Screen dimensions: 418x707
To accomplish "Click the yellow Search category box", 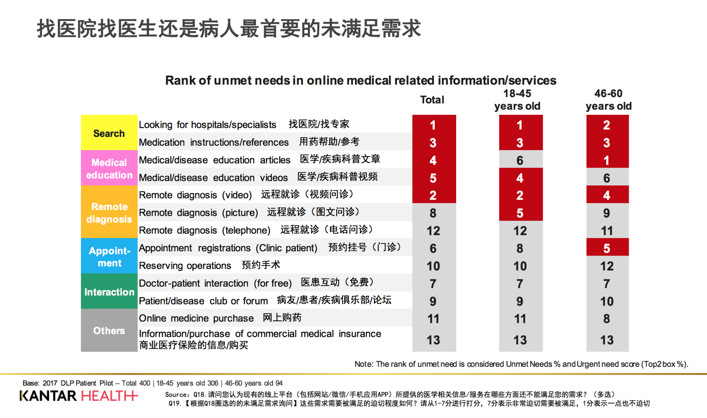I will [109, 133].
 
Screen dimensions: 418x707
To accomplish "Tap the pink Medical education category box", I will [109, 168].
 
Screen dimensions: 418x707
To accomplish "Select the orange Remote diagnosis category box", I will [109, 212].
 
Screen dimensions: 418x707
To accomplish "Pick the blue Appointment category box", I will [109, 256].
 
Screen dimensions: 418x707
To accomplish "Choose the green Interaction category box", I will [109, 292].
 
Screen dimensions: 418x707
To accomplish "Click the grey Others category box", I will [109, 330].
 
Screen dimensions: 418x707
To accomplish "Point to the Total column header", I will [432, 100].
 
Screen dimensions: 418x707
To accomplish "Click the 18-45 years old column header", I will [517, 100].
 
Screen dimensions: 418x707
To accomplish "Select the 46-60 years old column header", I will [608, 100].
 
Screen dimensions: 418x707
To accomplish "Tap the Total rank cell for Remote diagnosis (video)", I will [433, 195].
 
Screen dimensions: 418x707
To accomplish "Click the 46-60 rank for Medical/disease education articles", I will [607, 160].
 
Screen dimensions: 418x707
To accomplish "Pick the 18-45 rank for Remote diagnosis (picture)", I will [520, 213].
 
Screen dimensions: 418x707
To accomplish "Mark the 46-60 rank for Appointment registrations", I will [607, 248].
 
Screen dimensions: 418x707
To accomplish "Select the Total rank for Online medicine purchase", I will [433, 319].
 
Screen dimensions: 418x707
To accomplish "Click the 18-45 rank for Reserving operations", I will [520, 266].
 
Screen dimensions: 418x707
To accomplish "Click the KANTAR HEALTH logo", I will [79, 396].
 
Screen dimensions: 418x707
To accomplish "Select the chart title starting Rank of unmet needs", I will [360, 80].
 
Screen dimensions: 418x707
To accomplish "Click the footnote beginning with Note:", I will [521, 364].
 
